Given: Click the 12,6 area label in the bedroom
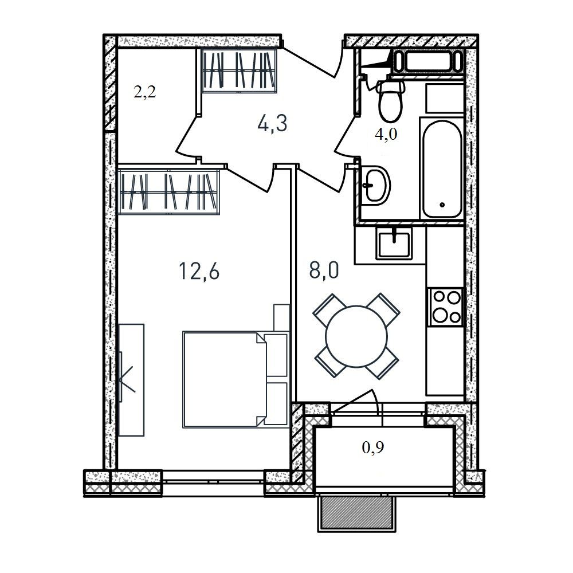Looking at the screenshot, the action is pyautogui.click(x=199, y=272).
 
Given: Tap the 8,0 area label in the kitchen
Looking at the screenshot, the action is pyautogui.click(x=324, y=271).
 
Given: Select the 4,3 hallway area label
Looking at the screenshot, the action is pyautogui.click(x=273, y=124).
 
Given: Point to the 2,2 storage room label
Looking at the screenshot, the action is pyautogui.click(x=145, y=92).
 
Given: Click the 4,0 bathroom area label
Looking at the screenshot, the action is pyautogui.click(x=386, y=135).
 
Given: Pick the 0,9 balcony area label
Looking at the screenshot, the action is pyautogui.click(x=373, y=448).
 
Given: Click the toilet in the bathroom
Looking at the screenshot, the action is pyautogui.click(x=390, y=100).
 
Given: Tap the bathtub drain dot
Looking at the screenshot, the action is pyautogui.click(x=442, y=205).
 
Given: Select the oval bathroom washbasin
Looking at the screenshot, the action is pyautogui.click(x=375, y=185).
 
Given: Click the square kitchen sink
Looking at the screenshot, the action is pyautogui.click(x=394, y=242).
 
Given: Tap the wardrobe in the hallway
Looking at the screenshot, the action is pyautogui.click(x=239, y=70).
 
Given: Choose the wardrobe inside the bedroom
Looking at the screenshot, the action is pyautogui.click(x=168, y=191).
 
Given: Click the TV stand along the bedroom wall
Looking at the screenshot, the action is pyautogui.click(x=131, y=379).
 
